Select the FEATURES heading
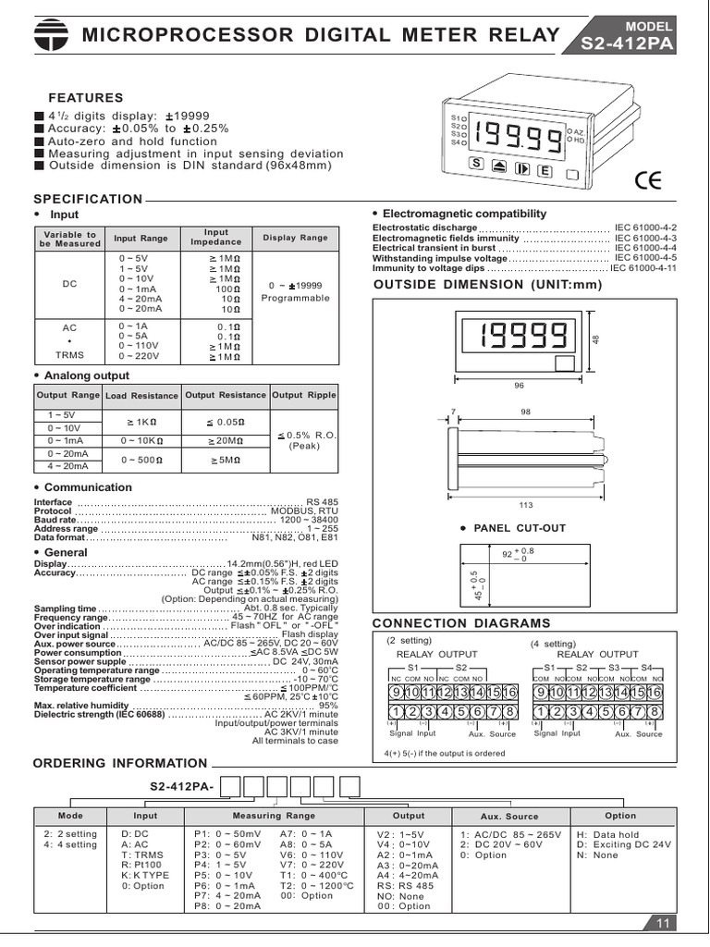click(85, 97)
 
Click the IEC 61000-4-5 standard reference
click(645, 258)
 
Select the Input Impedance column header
click(215, 238)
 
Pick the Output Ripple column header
click(304, 395)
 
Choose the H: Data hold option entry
click(607, 833)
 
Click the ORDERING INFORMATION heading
click(120, 763)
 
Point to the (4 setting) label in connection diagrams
click(554, 643)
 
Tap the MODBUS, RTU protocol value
click(304, 510)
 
